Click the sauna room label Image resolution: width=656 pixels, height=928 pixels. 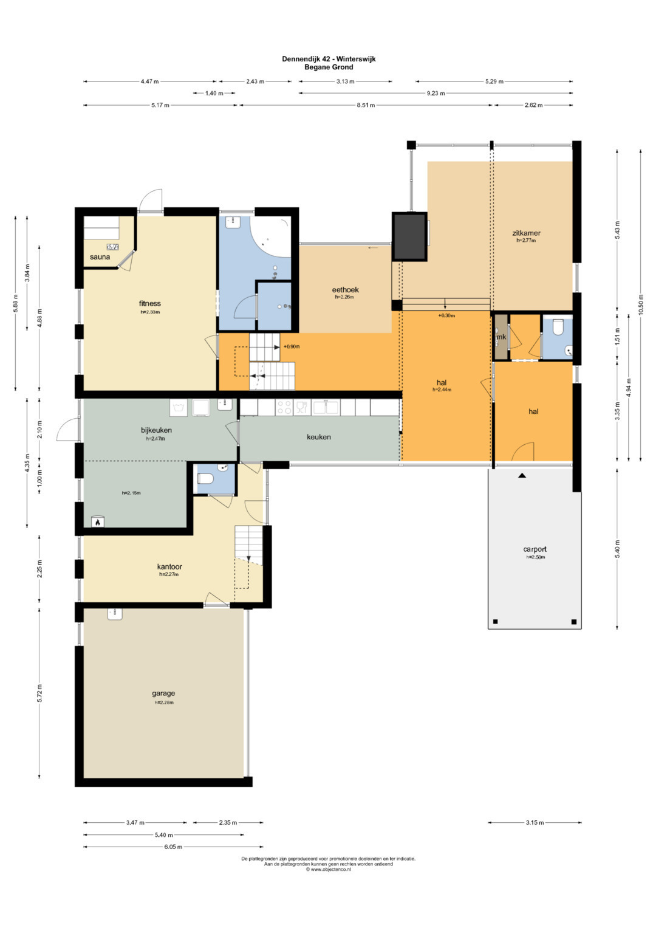(100, 257)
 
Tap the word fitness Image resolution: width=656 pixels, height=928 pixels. (149, 303)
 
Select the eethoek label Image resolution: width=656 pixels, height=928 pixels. (345, 290)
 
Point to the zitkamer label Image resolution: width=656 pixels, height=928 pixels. (526, 233)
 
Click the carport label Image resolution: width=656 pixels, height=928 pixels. (535, 549)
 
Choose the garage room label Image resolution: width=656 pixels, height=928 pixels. (163, 693)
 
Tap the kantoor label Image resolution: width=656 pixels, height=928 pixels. (169, 567)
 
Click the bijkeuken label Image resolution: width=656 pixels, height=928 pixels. (156, 430)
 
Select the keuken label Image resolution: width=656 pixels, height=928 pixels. (318, 437)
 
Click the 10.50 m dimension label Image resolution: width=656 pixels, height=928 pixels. (641, 304)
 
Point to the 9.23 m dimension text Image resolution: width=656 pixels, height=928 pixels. (436, 93)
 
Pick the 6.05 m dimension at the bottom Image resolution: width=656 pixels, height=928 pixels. (173, 847)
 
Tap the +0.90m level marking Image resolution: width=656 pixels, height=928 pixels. (292, 347)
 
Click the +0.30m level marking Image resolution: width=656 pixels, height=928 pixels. (446, 315)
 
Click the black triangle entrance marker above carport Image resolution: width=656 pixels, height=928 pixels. (522, 476)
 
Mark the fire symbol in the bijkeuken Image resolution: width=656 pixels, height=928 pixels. (98, 523)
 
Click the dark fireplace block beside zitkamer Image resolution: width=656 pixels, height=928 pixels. (409, 236)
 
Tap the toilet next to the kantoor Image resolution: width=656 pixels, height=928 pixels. (205, 479)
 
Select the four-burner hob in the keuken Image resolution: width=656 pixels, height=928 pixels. (284, 407)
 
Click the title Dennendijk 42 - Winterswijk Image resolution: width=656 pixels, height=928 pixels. (329, 59)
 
